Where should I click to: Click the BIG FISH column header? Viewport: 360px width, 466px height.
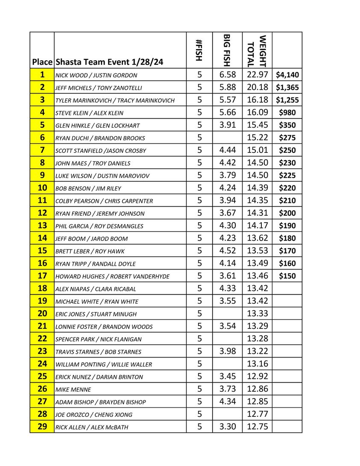227,50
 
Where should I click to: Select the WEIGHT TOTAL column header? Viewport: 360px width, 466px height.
257,51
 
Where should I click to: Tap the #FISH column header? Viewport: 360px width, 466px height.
199,50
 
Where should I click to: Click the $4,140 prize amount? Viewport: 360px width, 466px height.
287,75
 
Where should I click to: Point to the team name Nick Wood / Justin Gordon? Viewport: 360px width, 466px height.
97,76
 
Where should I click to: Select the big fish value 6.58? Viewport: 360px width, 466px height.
227,75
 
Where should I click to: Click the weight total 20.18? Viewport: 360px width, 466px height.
258,88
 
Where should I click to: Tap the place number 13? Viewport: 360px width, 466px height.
42,226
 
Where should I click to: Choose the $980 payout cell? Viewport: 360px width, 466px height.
287,113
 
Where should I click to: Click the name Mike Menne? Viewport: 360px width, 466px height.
73,390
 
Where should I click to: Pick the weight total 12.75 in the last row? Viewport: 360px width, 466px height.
258,427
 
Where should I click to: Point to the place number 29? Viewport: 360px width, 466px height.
42,427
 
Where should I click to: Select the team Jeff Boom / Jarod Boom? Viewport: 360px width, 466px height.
91,239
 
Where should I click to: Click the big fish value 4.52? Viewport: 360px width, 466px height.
227,251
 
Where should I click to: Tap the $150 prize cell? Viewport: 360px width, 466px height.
287,276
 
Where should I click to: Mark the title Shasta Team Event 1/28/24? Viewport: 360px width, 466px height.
109,62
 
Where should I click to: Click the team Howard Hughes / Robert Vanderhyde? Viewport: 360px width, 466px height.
112,276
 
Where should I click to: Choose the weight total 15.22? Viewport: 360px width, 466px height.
258,138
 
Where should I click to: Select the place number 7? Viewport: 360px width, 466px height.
42,150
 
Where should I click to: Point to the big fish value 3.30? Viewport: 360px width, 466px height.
227,427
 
